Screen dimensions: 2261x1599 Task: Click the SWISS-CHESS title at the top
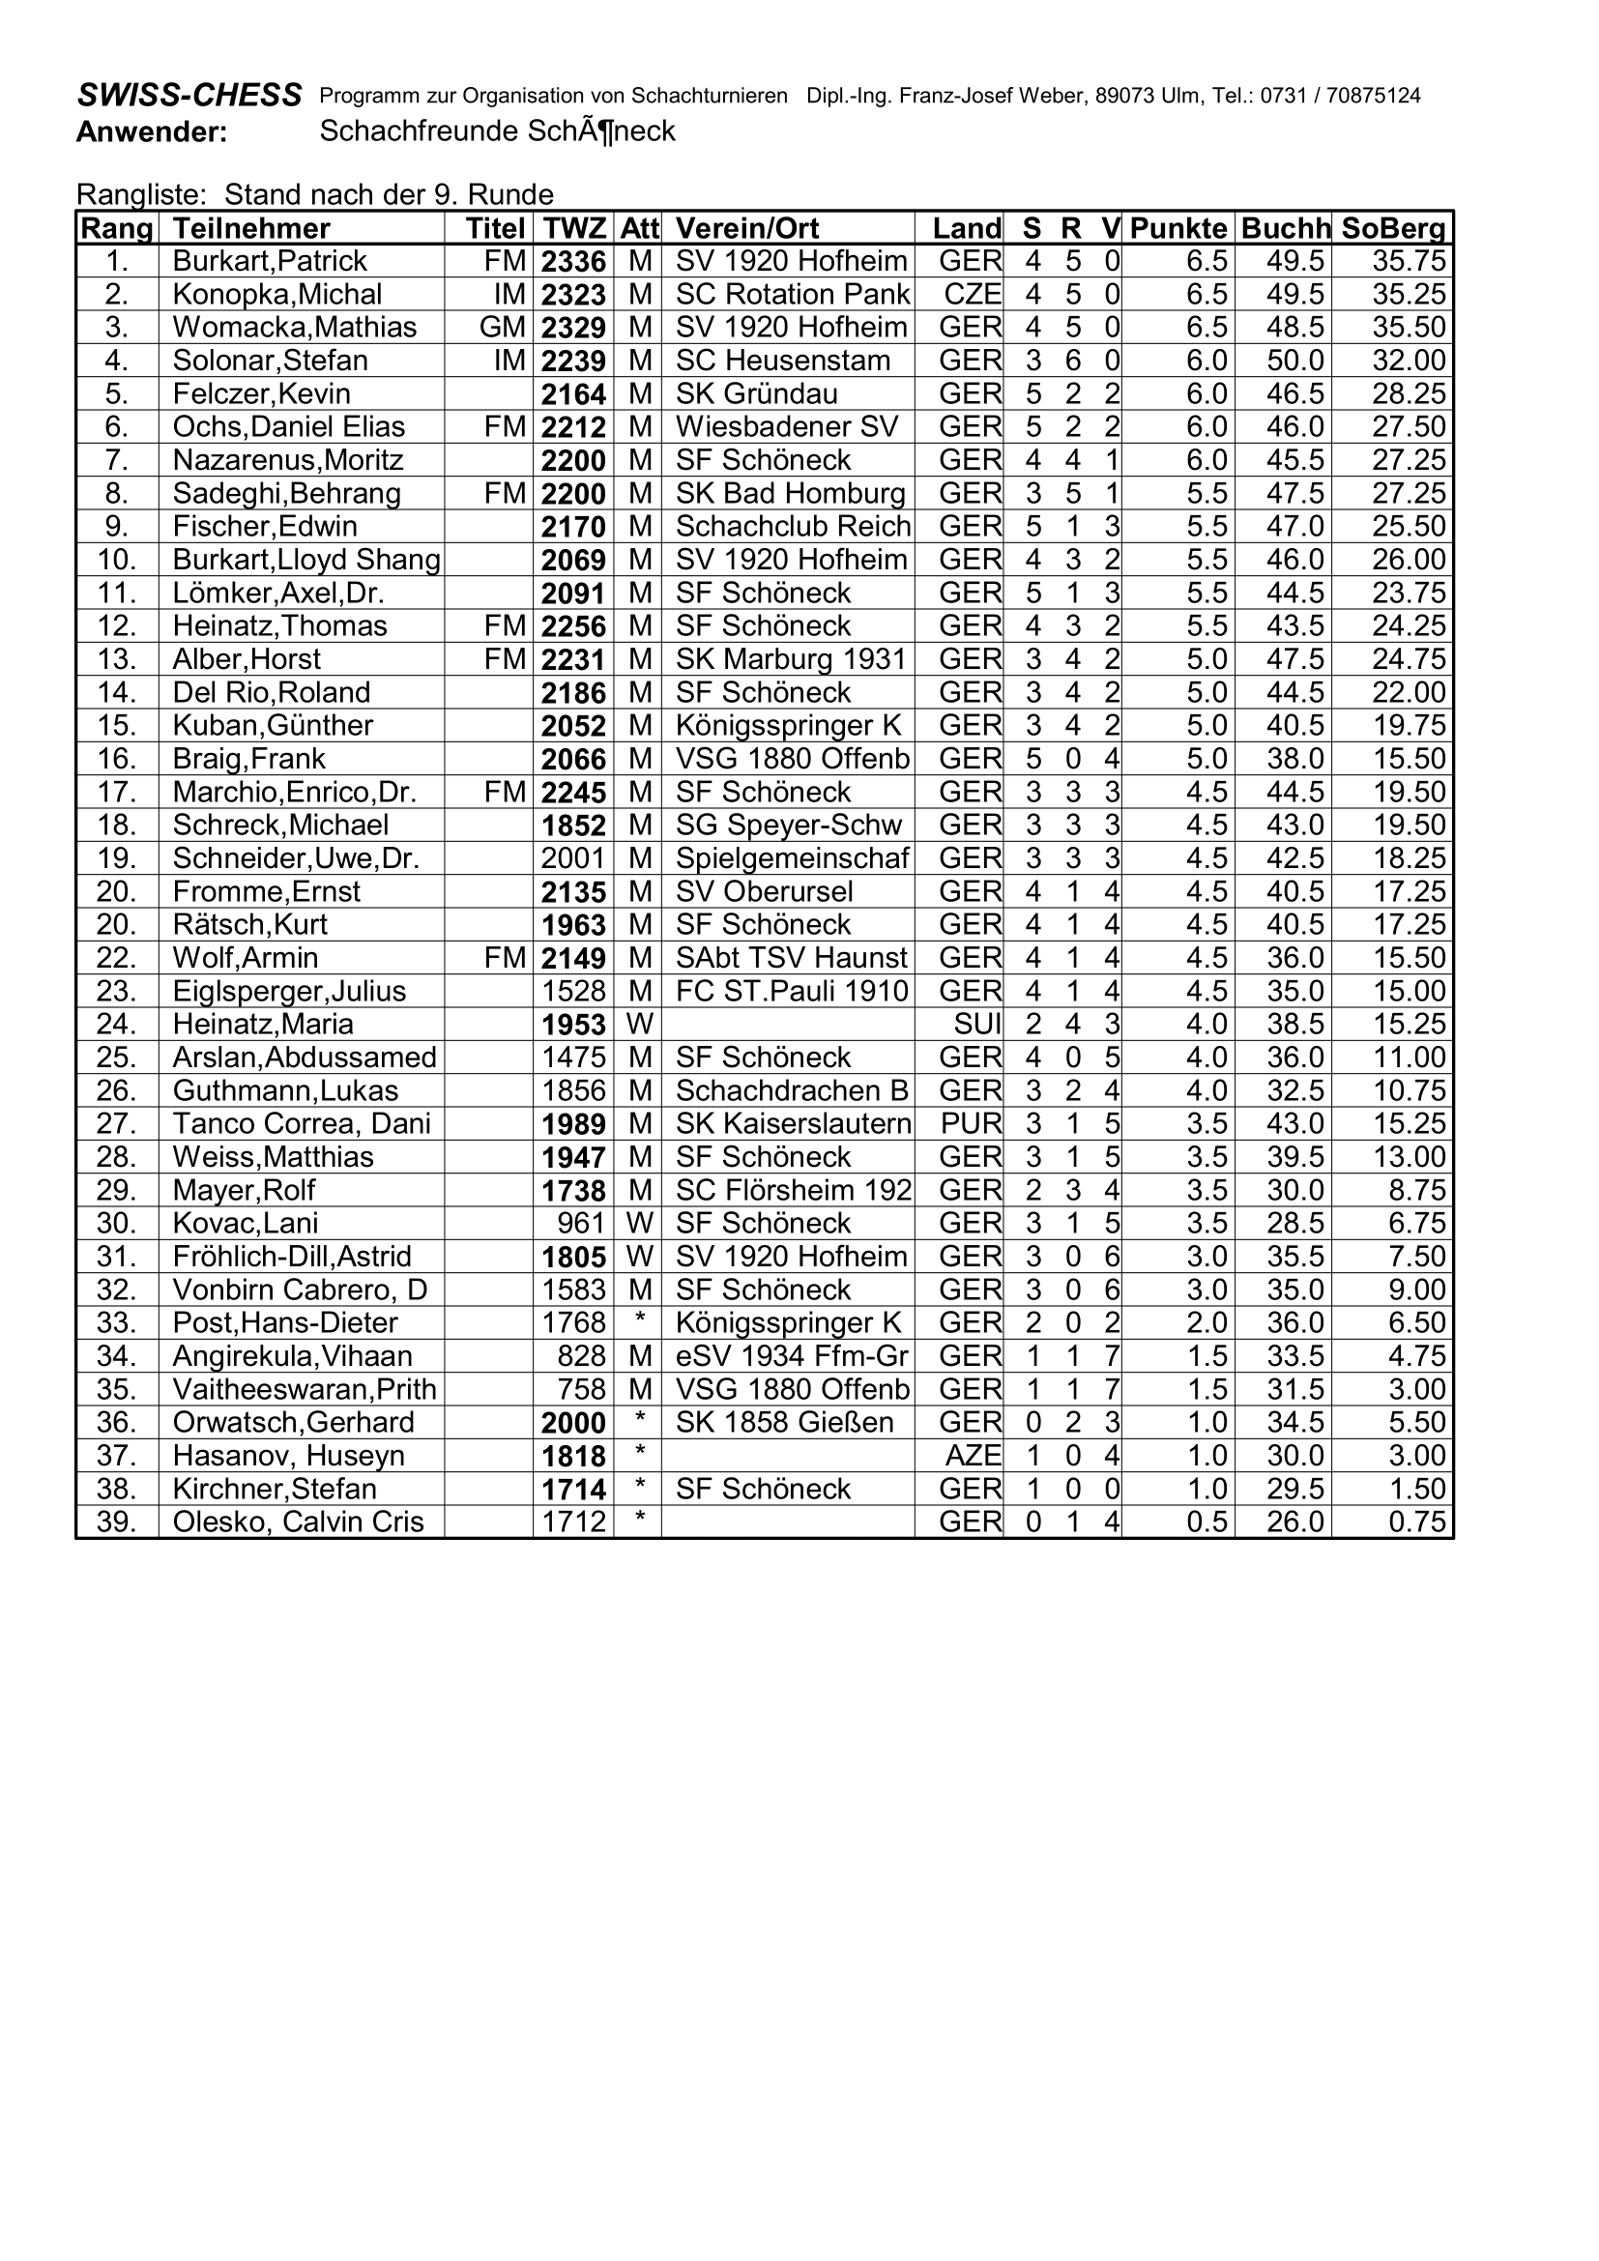coord(189,95)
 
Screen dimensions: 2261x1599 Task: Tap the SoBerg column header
coord(1393,228)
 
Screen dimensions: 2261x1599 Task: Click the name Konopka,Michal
coord(276,295)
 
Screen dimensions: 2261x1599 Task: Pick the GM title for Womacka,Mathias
coord(502,327)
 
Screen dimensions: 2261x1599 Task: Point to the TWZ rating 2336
coord(573,262)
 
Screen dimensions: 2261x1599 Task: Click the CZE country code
coord(972,295)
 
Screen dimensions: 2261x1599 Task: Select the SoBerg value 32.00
coord(1409,361)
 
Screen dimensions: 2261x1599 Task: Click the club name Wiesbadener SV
coord(787,426)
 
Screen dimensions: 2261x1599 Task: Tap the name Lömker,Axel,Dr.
coord(277,593)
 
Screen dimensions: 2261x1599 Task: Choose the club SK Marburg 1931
coord(790,659)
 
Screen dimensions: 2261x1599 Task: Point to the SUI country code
coord(976,1024)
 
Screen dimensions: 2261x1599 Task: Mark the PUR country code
coord(971,1123)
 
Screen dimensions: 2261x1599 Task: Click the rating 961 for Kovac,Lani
coord(581,1223)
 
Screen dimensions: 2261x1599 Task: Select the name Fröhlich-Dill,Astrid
coord(291,1257)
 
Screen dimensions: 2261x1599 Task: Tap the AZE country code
coord(972,1456)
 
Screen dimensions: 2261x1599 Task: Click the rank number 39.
coord(116,1522)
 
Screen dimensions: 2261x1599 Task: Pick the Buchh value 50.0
coord(1294,361)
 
